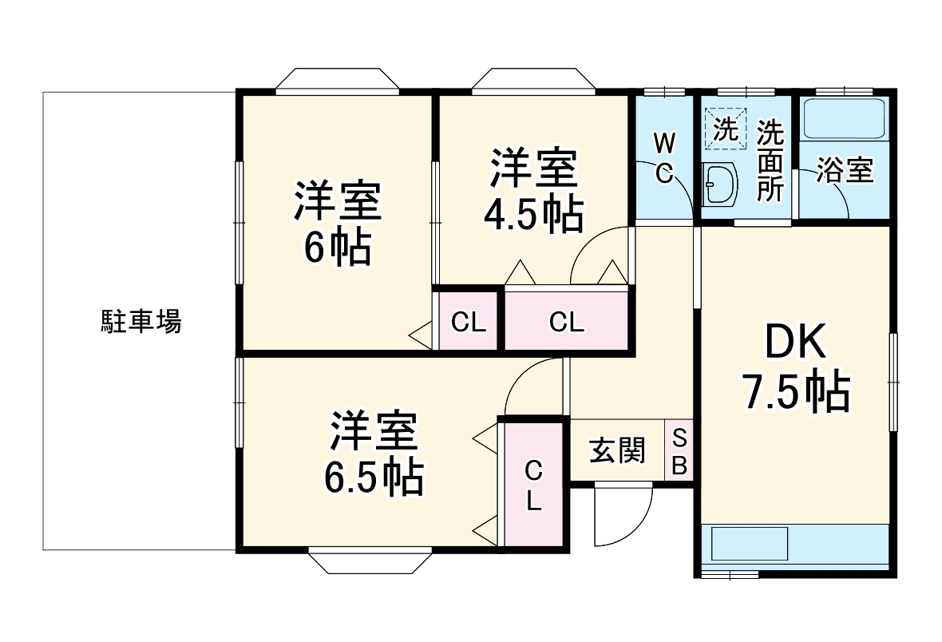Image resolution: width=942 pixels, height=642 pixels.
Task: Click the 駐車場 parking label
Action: tap(141, 322)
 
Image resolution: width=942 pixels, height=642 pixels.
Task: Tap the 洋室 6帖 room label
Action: tap(336, 224)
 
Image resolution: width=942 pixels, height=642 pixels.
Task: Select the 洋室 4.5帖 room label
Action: tap(532, 190)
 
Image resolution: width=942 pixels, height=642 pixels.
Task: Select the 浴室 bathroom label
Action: tap(845, 171)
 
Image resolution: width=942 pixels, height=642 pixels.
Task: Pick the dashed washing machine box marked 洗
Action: tap(726, 129)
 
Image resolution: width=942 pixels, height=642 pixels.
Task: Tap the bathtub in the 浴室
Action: tap(845, 119)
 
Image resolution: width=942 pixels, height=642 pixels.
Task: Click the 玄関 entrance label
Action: tap(616, 451)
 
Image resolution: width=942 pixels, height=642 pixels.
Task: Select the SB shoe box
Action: tap(679, 451)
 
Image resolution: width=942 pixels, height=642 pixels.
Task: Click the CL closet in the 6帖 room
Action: tap(469, 322)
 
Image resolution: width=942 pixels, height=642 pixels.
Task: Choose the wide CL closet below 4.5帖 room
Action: tap(566, 322)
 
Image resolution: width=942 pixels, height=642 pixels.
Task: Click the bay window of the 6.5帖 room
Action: tap(370, 560)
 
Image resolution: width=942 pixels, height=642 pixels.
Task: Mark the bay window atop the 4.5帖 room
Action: tap(532, 82)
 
